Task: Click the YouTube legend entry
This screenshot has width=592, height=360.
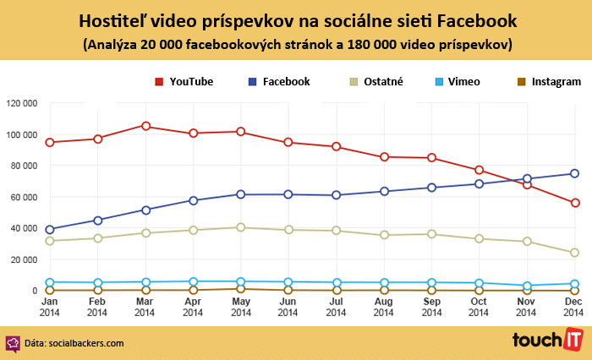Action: [184, 82]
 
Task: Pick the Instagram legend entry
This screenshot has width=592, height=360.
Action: [548, 82]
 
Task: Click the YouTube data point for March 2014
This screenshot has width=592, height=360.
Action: [146, 126]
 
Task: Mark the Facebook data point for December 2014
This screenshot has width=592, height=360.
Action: [574, 173]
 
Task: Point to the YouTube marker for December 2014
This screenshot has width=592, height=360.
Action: [574, 203]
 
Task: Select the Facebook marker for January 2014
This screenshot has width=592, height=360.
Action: [50, 229]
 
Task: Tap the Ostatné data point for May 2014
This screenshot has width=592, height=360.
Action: [241, 227]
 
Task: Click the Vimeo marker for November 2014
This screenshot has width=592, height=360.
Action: [527, 286]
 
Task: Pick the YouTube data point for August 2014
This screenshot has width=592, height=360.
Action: [384, 156]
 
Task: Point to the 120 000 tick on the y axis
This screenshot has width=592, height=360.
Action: [21, 103]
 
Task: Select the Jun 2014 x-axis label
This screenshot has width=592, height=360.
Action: [288, 307]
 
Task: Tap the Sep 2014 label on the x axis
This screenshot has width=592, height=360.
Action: [431, 307]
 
